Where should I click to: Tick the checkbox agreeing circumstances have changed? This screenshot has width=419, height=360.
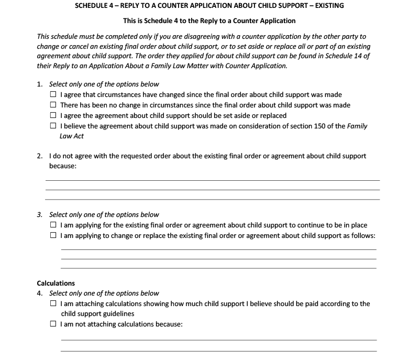click(x=53, y=95)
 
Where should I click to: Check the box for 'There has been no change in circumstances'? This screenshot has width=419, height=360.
click(x=53, y=105)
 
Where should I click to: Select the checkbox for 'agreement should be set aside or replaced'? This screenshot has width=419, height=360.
click(x=53, y=116)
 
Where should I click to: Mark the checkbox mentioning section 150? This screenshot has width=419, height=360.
click(x=53, y=126)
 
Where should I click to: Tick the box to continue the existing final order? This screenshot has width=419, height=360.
click(x=53, y=225)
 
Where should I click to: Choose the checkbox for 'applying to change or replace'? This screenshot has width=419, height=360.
click(x=53, y=235)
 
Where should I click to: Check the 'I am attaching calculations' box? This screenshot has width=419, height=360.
click(x=53, y=304)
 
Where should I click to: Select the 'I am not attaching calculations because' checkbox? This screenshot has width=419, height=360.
click(x=53, y=324)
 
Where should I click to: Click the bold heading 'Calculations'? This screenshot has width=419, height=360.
click(x=56, y=283)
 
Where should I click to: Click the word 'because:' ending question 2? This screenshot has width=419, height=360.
click(x=63, y=166)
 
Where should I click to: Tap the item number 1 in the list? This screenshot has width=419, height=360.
click(x=39, y=84)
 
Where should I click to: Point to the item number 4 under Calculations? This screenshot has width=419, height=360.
click(x=39, y=293)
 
